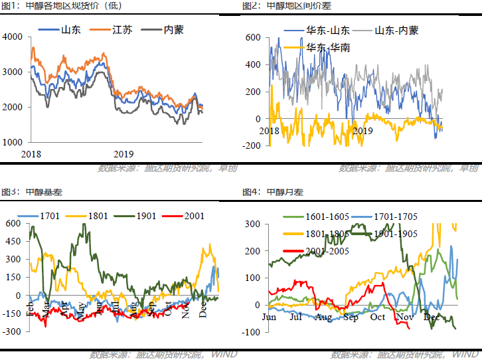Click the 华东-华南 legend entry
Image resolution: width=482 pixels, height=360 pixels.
point(329,48)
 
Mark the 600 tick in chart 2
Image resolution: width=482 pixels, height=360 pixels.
point(254,38)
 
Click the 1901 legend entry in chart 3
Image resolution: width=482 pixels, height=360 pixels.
point(145,216)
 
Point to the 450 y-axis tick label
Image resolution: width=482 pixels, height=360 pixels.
point(13,241)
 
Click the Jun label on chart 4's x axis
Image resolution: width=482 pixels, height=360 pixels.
point(269,317)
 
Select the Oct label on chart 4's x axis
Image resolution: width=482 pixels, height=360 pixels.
point(378,317)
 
